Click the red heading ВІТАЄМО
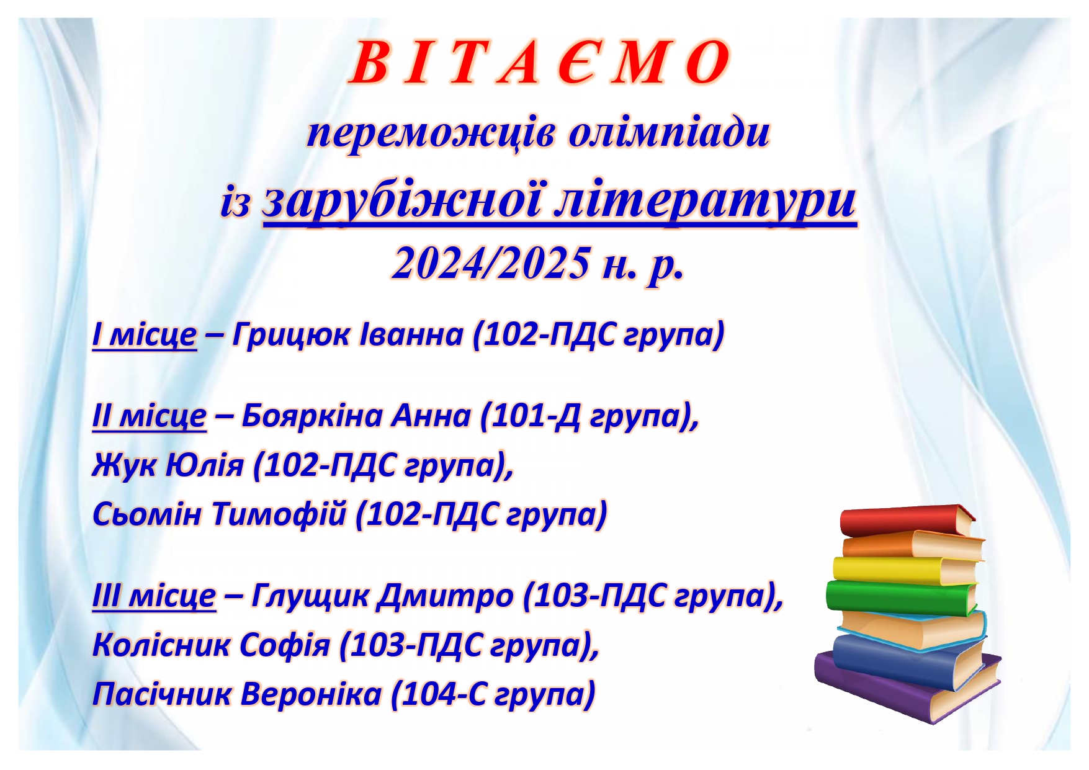(539, 63)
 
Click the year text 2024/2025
(491, 262)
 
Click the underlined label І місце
(144, 335)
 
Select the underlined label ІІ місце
(149, 416)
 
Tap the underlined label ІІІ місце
(154, 596)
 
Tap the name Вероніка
(310, 694)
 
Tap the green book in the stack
(901, 596)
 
